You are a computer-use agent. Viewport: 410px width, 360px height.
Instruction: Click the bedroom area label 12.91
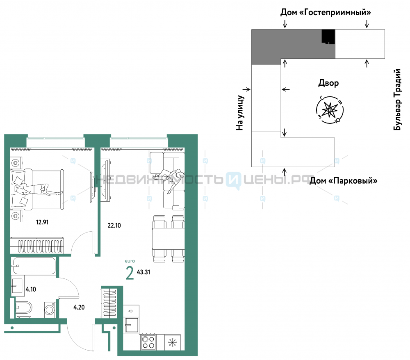click(42, 222)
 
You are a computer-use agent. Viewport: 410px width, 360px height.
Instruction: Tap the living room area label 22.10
click(114, 226)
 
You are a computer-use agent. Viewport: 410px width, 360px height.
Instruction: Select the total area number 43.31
click(143, 272)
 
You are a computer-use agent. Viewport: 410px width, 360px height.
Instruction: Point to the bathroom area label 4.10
click(31, 289)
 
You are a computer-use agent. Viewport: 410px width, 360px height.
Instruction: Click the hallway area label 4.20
click(79, 307)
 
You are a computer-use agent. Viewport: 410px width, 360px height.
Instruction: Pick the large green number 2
click(130, 273)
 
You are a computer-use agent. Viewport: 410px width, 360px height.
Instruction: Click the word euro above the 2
click(130, 261)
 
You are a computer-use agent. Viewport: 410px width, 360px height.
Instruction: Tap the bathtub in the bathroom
click(34, 266)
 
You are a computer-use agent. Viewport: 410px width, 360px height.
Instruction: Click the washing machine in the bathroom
click(50, 310)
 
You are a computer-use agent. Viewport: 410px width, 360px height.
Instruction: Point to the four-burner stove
click(148, 342)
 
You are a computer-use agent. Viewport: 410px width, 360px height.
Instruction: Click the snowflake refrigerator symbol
click(173, 342)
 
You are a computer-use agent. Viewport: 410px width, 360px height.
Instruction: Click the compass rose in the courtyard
click(330, 110)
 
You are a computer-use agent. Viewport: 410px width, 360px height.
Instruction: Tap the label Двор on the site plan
click(328, 83)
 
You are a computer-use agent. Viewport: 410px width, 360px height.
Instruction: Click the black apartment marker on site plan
click(328, 36)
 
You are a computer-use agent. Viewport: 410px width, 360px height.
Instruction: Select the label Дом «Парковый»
click(343, 181)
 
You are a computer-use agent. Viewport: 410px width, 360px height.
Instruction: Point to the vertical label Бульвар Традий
click(397, 99)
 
